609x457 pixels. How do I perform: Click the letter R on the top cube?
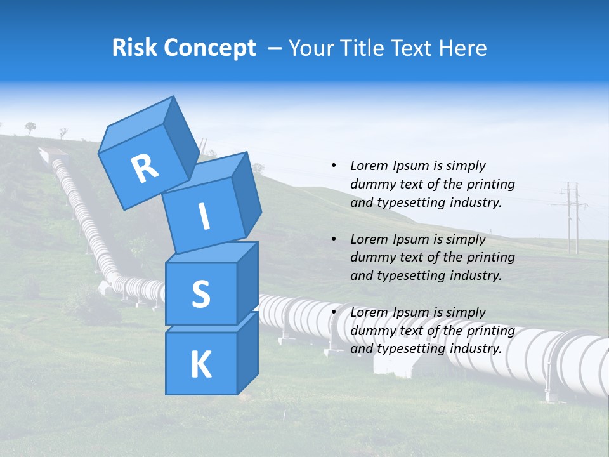pos(145,169)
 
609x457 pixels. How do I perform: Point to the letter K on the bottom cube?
pos(200,364)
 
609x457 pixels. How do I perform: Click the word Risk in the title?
pos(134,48)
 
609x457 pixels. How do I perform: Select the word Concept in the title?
pos(209,48)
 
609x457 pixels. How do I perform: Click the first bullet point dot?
pos(334,166)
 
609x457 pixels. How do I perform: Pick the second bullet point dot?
pos(334,239)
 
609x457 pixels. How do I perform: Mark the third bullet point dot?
pos(334,312)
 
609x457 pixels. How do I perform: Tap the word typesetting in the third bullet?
pos(409,348)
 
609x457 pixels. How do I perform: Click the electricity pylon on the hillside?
pos(573,216)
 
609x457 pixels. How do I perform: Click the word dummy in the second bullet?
pos(372,257)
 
